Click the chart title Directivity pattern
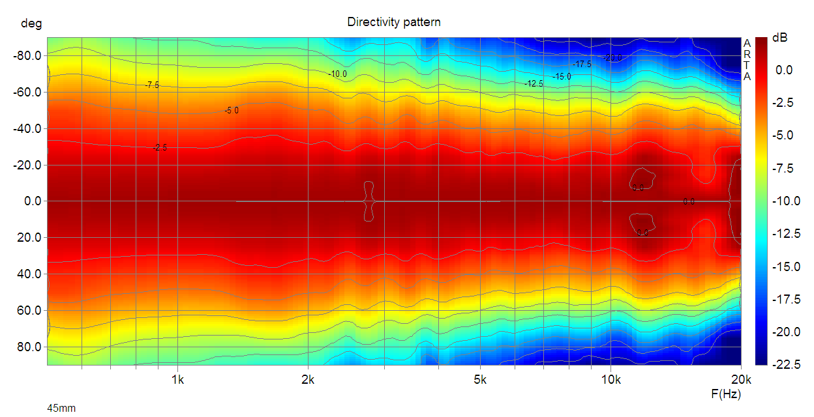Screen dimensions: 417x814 [393, 22]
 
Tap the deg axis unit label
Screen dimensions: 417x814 [31, 24]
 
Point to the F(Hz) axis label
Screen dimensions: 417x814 [726, 394]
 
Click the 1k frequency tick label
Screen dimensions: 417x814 [177, 379]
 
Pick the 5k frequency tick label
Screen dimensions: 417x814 [481, 379]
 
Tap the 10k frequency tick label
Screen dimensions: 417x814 [610, 379]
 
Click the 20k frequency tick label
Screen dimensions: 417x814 [741, 379]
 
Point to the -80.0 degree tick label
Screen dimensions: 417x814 [27, 56]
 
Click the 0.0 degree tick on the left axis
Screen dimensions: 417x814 [31, 201]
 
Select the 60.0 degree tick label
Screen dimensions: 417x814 [30, 310]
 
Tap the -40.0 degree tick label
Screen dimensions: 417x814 [27, 129]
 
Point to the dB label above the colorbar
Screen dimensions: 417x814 [779, 38]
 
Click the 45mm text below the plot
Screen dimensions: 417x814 [61, 408]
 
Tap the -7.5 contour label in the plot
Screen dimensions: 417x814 [152, 85]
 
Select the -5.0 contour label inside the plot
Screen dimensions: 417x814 [232, 111]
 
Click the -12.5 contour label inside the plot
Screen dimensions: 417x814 [534, 83]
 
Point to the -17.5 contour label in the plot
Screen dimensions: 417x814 [582, 64]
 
